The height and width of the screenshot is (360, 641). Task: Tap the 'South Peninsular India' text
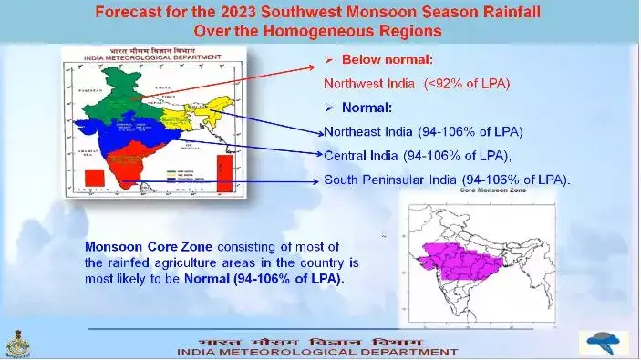pos(447,180)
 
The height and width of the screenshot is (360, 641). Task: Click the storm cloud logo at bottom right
pos(601,343)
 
